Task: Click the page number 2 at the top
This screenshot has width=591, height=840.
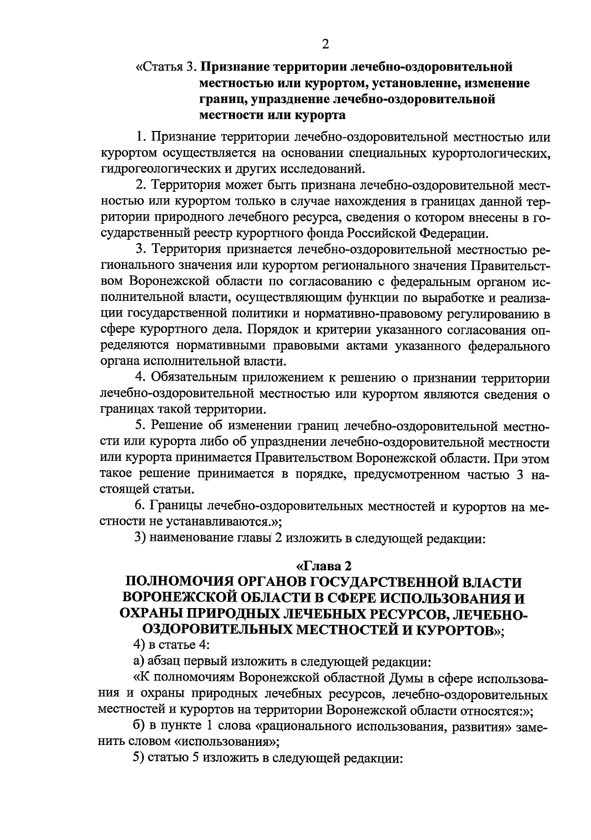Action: [x=325, y=45]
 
